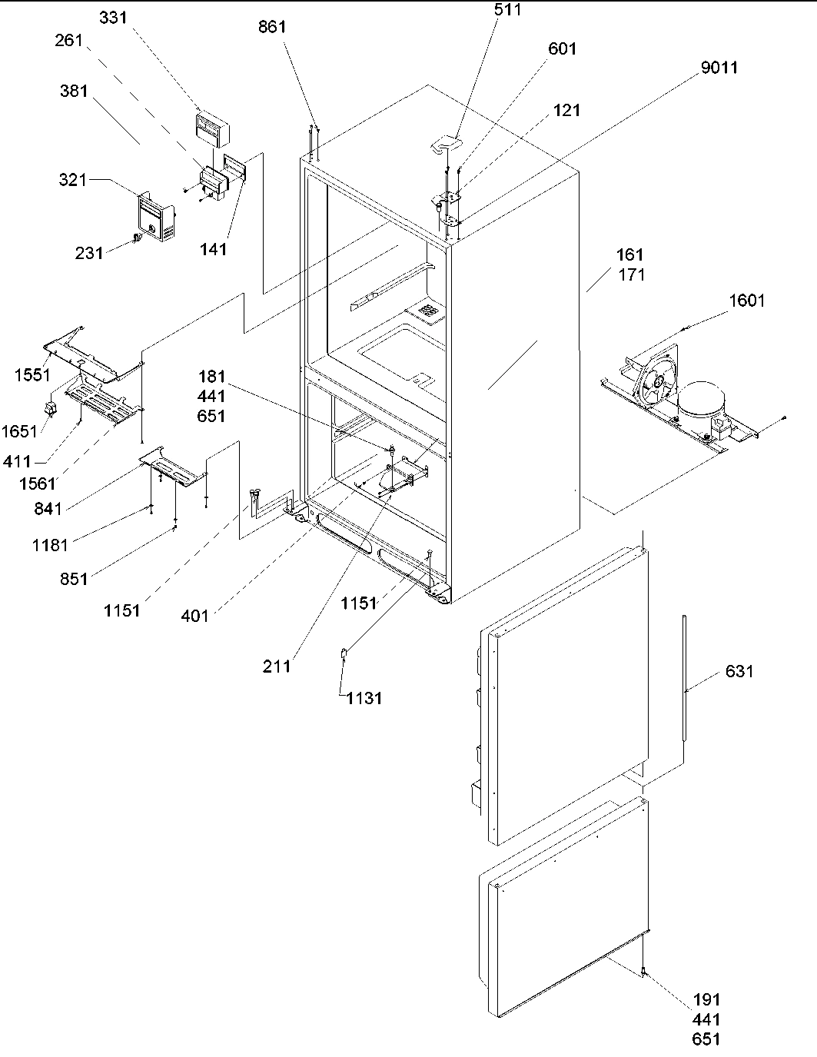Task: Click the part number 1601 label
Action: pos(747,301)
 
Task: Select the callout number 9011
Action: pos(719,68)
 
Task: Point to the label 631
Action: pos(739,672)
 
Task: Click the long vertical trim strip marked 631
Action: pos(682,676)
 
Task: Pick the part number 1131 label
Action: pos(364,698)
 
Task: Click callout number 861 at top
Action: pos(272,27)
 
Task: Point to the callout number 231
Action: pos(89,252)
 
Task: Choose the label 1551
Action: pos(32,375)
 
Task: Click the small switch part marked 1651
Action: pos(51,407)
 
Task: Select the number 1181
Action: pos(50,545)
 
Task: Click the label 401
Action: pos(194,615)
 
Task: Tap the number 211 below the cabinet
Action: pos(277,666)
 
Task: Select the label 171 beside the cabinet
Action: pos(631,274)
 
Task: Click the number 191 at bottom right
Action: pos(706,999)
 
